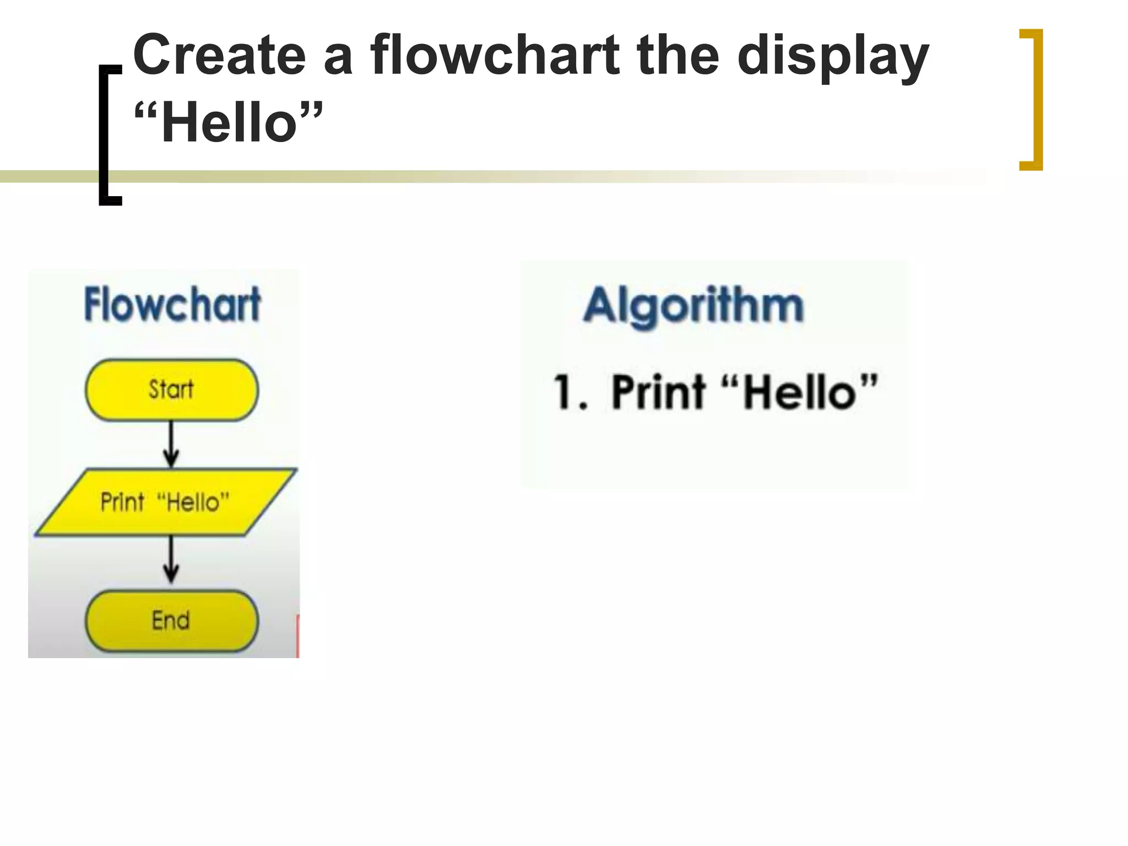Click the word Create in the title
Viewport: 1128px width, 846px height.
pyautogui.click(x=219, y=56)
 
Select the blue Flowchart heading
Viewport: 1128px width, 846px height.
pyautogui.click(x=172, y=304)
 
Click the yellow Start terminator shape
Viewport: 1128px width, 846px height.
pyautogui.click(x=171, y=390)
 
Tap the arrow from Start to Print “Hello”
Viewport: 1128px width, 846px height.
pyautogui.click(x=171, y=444)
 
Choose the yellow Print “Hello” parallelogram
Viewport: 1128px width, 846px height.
pyautogui.click(x=165, y=502)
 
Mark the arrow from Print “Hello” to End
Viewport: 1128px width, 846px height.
pyautogui.click(x=171, y=560)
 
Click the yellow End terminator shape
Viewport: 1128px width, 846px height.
pyautogui.click(x=171, y=621)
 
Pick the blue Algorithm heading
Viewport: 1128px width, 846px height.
pyautogui.click(x=693, y=306)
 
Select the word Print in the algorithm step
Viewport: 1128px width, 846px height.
pyautogui.click(x=659, y=392)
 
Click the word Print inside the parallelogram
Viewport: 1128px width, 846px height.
pyautogui.click(x=122, y=502)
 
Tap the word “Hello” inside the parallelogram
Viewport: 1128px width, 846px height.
pyautogui.click(x=193, y=502)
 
